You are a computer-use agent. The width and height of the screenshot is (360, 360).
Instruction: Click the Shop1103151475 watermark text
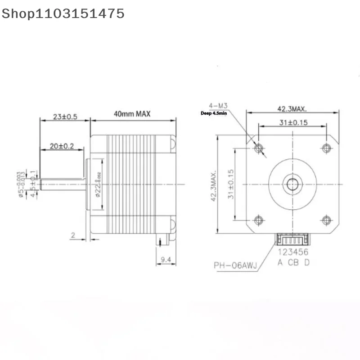tap(63, 13)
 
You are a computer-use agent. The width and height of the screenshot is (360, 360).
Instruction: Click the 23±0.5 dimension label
tap(65, 117)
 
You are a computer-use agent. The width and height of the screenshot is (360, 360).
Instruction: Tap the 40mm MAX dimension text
tap(132, 115)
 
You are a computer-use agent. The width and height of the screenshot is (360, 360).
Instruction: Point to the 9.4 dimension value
tap(166, 260)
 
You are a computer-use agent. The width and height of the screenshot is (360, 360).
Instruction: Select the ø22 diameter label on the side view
tap(98, 184)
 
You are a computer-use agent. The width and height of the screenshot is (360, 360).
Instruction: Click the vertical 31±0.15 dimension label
tap(231, 184)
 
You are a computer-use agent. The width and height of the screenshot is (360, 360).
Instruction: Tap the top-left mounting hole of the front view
tap(258, 148)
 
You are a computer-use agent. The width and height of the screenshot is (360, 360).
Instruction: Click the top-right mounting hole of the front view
tap(327, 148)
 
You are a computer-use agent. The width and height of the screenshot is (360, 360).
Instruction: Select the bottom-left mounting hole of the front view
tap(258, 220)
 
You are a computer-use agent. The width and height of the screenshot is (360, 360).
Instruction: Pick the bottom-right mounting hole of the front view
tap(327, 220)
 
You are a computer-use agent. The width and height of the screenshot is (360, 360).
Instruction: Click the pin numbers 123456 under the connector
tap(293, 253)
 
